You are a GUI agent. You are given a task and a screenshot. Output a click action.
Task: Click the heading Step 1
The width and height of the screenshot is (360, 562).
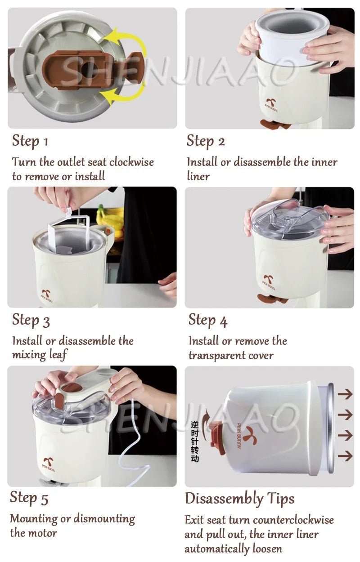pyautogui.click(x=30, y=141)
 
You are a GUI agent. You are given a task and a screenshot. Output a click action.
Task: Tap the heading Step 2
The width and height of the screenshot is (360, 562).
pyautogui.click(x=206, y=141)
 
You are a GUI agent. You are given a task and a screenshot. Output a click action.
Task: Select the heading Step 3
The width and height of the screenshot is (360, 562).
pyautogui.click(x=31, y=320)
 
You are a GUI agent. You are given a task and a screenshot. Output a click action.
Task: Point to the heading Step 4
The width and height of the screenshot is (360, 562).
pyautogui.click(x=208, y=320)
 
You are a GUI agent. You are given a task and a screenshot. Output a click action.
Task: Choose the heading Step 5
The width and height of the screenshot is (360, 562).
pyautogui.click(x=29, y=498)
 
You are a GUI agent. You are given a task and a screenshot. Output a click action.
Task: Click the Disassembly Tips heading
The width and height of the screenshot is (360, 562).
pyautogui.click(x=239, y=499)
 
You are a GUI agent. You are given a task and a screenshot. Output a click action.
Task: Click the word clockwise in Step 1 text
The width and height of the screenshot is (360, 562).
pyautogui.click(x=131, y=162)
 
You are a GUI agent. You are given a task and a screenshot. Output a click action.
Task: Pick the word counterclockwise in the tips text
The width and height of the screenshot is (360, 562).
pyautogui.click(x=293, y=520)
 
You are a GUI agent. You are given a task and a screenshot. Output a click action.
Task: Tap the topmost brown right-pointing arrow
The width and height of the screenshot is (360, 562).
pyautogui.click(x=345, y=394)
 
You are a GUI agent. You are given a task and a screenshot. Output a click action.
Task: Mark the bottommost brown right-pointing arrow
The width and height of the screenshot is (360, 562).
pyautogui.click(x=345, y=456)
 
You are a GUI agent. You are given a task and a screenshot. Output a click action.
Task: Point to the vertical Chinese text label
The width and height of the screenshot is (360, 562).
pyautogui.click(x=194, y=441)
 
